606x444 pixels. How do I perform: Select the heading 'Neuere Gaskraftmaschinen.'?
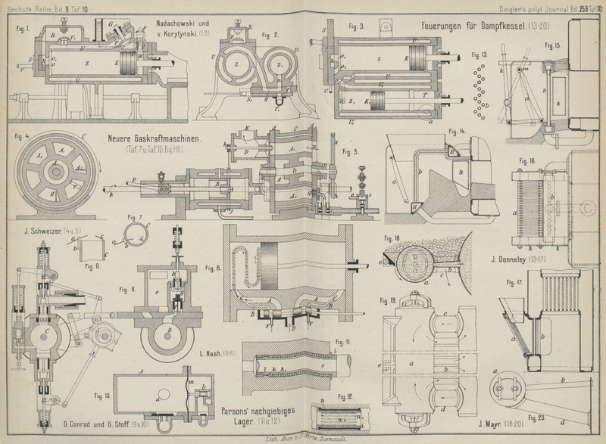pos(157,140)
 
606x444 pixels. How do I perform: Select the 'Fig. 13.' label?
pos(479,55)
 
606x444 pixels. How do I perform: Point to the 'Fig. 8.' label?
pos(214,267)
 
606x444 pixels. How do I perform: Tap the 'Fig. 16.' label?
pos(526,162)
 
